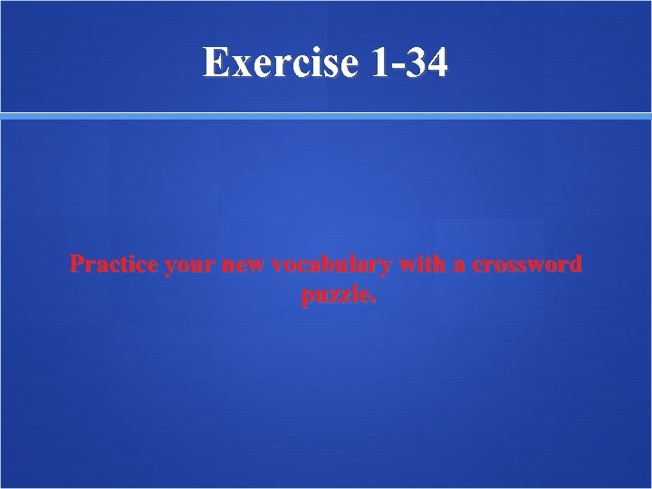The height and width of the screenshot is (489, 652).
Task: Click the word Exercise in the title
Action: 282,62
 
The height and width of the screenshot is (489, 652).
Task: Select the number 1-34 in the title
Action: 408,62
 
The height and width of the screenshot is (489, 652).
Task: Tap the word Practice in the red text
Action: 110,265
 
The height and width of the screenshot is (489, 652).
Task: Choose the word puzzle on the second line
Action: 334,295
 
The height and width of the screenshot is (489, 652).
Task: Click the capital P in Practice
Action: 79,264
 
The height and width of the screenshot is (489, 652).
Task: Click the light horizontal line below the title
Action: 326,116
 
